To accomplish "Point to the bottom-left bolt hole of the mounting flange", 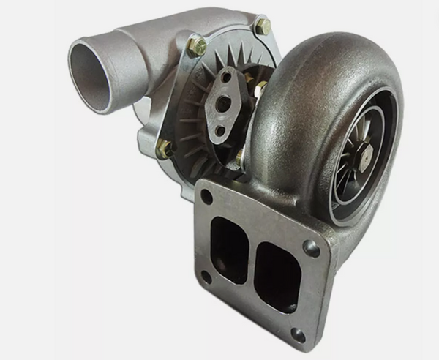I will [206, 277].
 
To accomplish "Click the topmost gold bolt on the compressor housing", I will [262, 27].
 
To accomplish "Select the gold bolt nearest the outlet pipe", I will [196, 46].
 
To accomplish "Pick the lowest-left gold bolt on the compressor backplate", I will [165, 149].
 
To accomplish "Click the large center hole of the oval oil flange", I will [223, 105].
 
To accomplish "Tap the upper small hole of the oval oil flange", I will [227, 77].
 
